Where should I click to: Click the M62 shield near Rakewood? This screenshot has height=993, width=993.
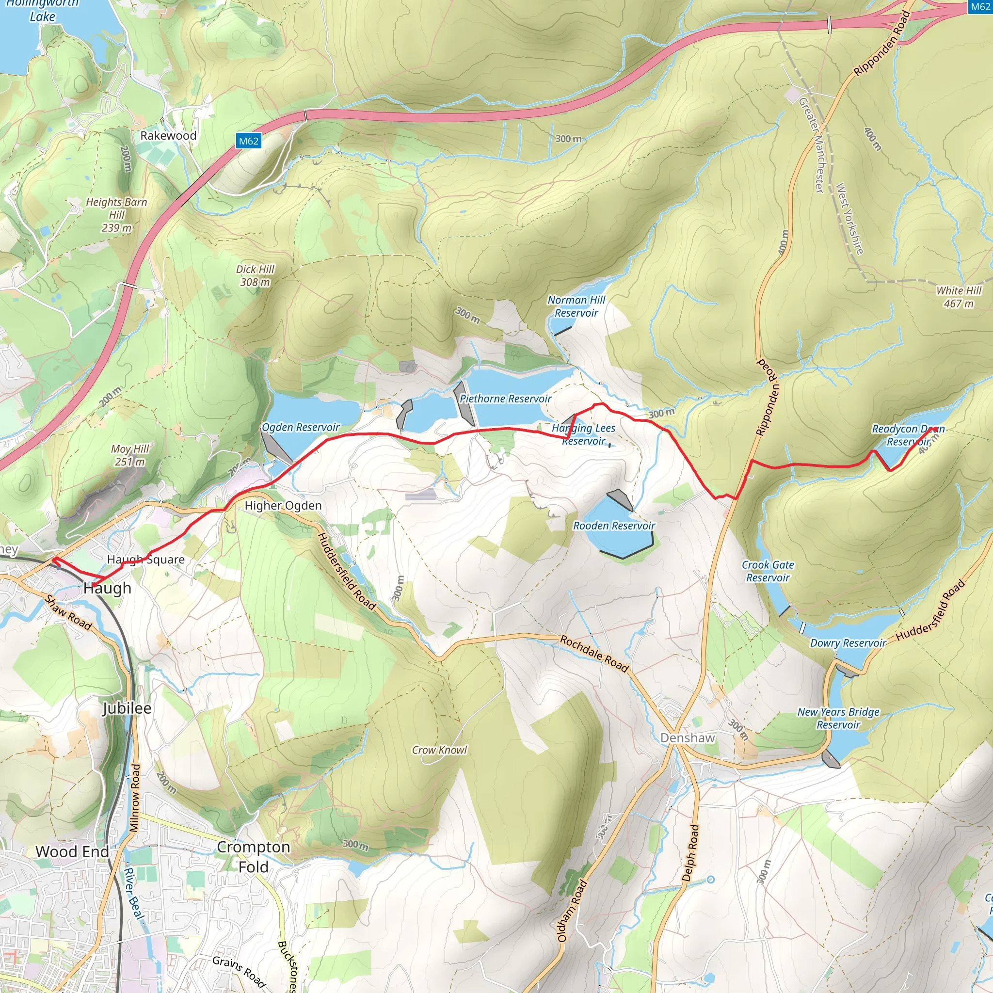click(249, 141)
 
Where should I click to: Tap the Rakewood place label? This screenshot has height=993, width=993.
click(168, 136)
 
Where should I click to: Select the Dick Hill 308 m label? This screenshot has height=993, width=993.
click(255, 275)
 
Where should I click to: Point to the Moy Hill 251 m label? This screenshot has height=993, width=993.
click(130, 455)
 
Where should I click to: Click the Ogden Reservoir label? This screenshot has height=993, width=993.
click(301, 427)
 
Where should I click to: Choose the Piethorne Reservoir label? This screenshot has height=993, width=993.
click(505, 399)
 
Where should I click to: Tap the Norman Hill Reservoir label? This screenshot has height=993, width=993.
click(576, 306)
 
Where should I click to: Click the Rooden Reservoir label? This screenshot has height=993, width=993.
click(614, 525)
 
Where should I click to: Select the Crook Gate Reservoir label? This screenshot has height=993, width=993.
click(768, 571)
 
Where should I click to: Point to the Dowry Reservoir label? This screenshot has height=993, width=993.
click(848, 643)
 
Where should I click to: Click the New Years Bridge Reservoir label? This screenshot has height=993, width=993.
click(838, 718)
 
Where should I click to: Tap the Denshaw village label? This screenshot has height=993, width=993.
click(687, 737)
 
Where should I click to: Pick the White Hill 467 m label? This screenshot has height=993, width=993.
click(959, 297)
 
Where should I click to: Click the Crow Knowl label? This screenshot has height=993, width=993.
click(439, 750)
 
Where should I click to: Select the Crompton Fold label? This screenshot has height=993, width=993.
click(254, 857)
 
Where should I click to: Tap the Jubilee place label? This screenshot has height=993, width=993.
click(127, 708)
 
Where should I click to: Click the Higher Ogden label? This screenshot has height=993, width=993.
click(283, 505)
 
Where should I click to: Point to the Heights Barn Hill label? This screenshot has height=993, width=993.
click(117, 215)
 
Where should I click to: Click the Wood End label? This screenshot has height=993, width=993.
click(72, 851)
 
